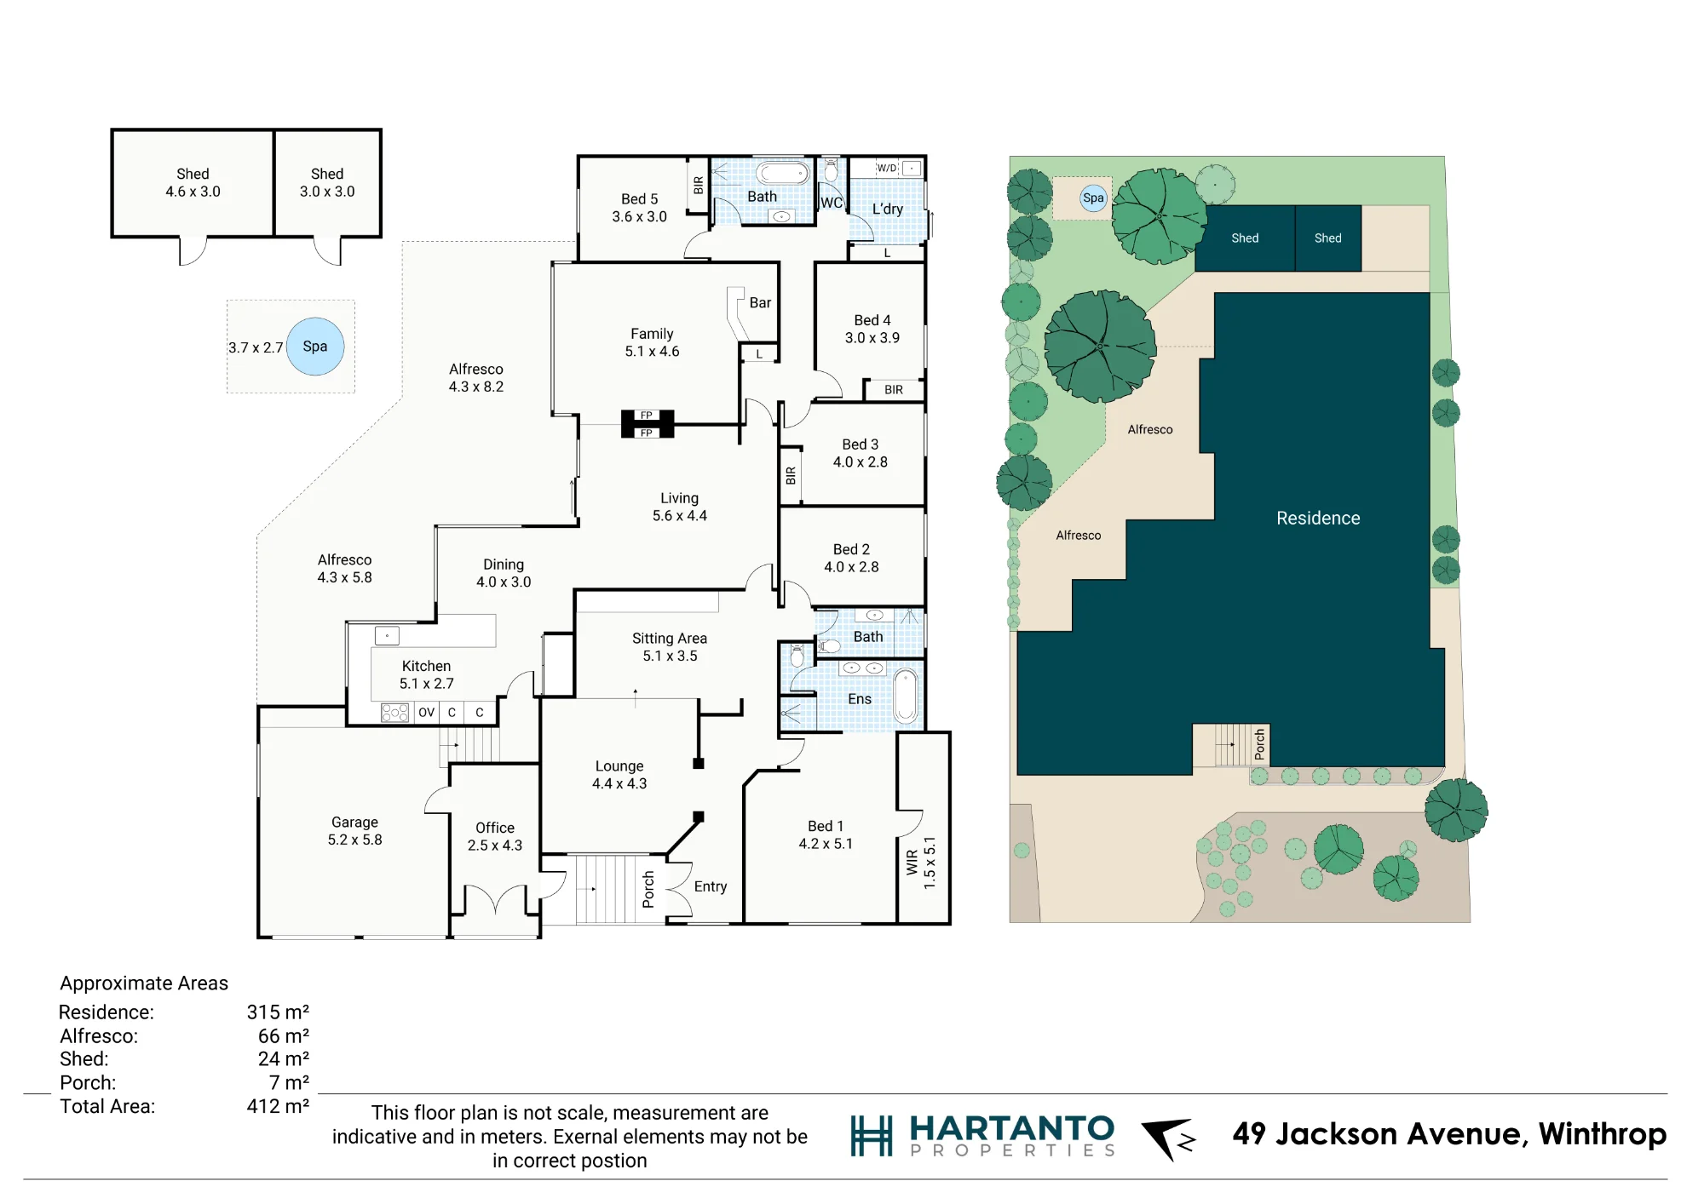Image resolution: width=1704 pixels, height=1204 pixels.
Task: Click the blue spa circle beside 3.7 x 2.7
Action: [x=315, y=347]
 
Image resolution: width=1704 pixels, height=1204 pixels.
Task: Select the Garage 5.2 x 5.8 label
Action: [x=354, y=831]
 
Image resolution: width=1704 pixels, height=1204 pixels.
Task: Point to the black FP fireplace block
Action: [x=648, y=424]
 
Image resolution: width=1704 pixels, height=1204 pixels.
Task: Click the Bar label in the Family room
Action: [x=760, y=303]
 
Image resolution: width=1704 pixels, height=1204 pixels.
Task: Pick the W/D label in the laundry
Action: [x=887, y=169]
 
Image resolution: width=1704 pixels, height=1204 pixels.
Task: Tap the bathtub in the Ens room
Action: [x=906, y=696]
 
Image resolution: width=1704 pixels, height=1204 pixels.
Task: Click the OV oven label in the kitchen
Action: [x=427, y=713]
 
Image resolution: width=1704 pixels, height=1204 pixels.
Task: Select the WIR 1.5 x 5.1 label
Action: [x=921, y=863]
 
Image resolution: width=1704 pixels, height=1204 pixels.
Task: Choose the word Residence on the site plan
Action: [x=1318, y=519]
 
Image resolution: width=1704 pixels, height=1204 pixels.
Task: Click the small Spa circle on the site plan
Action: [x=1093, y=198]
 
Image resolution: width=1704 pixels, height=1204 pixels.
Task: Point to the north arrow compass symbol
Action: [x=1168, y=1138]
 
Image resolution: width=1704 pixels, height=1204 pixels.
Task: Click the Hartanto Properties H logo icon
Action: [x=872, y=1136]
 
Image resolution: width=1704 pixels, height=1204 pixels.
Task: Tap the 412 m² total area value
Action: [x=278, y=1107]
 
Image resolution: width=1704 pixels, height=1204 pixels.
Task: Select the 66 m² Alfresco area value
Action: [x=284, y=1036]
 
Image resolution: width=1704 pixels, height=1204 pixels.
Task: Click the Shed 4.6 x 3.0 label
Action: [x=193, y=183]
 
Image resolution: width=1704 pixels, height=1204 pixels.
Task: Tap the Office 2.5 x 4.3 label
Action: [x=495, y=837]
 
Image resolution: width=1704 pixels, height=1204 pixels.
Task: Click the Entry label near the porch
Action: [x=711, y=887]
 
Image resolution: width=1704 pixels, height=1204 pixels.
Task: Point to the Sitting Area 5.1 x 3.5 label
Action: [x=670, y=647]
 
